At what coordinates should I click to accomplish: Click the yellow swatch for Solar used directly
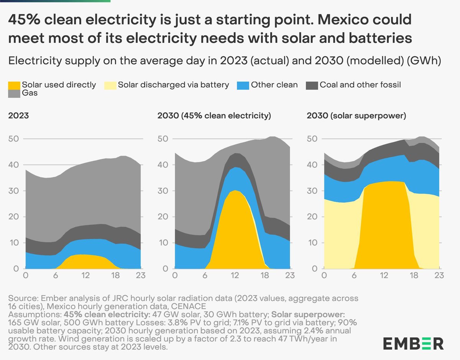pyautogui.click(x=14, y=85)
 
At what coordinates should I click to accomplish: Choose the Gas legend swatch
pyautogui.click(x=14, y=93)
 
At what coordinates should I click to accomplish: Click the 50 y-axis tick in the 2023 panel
pyautogui.click(x=14, y=139)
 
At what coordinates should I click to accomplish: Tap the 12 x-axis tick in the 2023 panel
pyautogui.click(x=85, y=275)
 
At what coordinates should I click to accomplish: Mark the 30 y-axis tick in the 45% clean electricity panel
pyautogui.click(x=163, y=191)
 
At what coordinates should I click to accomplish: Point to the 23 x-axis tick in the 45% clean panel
pyautogui.click(x=290, y=275)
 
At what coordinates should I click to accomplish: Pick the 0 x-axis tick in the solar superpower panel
pyautogui.click(x=324, y=275)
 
